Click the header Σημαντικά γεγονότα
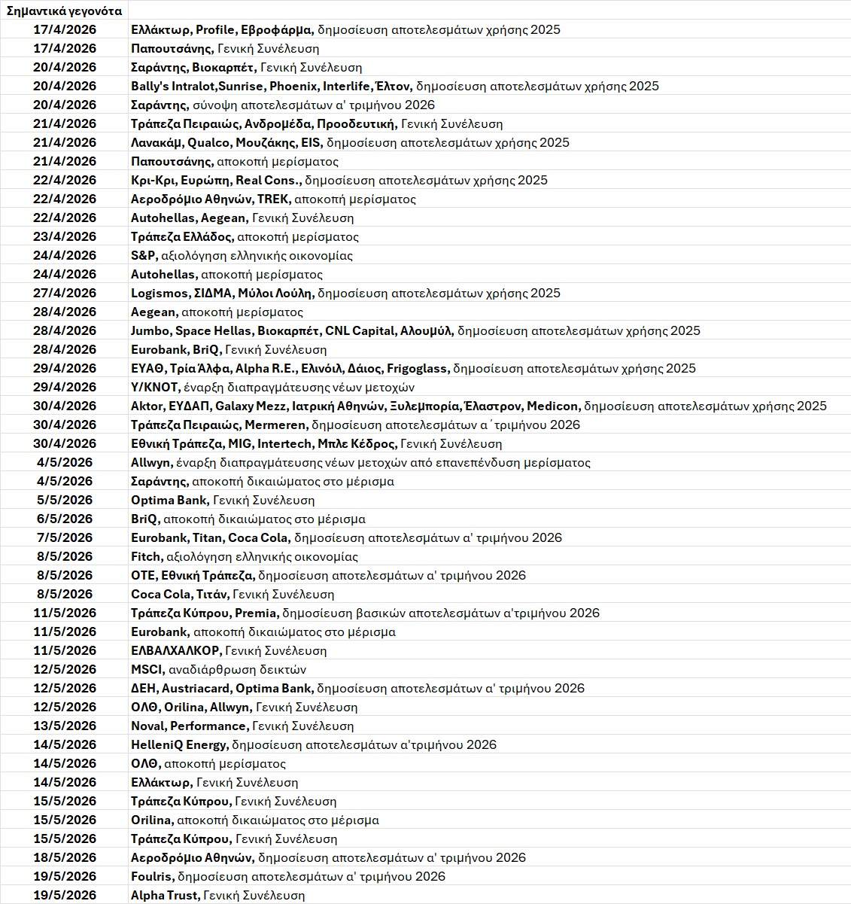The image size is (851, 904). coord(64,11)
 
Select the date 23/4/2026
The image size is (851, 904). coord(65,236)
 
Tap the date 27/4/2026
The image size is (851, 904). coord(65,293)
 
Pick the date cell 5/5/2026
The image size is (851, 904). coord(65,500)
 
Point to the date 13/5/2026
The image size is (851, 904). coord(65,726)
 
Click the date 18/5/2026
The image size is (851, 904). coord(65,857)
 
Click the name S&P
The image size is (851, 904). coord(143,255)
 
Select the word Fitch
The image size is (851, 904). coord(146,556)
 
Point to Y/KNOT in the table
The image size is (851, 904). coord(155,387)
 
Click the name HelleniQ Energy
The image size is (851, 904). coord(178,744)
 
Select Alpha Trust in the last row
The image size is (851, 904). coord(165,895)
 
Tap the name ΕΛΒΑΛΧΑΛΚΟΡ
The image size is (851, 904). coord(175,650)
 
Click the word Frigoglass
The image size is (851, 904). coord(418,368)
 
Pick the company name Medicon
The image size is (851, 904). coord(552,406)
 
